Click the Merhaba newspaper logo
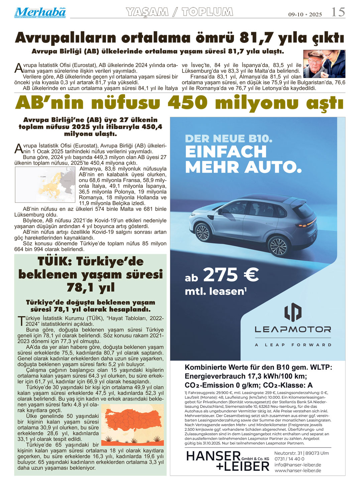40,12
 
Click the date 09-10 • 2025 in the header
305,14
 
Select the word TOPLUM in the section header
207,12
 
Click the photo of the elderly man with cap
324,64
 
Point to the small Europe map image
45,185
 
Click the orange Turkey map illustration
132,424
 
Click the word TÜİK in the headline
54,261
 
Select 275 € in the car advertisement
231,275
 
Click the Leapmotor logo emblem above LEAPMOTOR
293,312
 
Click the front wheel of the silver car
202,232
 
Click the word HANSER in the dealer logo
213,456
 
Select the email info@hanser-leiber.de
297,465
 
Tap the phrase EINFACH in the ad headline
226,152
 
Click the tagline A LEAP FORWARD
293,345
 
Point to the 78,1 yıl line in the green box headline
90,287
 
